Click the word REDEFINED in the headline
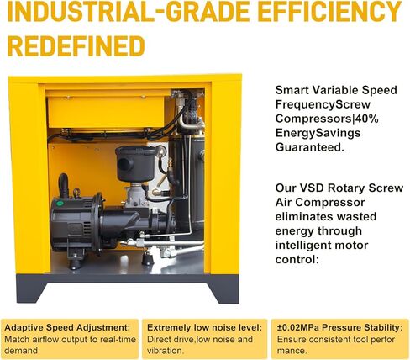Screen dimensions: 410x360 pos(76,45)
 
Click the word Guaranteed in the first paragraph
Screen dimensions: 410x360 pos(310,147)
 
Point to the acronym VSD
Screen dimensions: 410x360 pos(312,188)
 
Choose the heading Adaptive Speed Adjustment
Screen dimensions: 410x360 pos(67,327)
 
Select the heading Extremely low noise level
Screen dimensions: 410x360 pos(204,327)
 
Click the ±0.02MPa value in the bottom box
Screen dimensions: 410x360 pos(298,327)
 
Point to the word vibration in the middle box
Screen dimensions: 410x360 pos(166,351)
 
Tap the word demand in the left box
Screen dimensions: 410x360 pos(22,351)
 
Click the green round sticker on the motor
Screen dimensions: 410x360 pos(60,204)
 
